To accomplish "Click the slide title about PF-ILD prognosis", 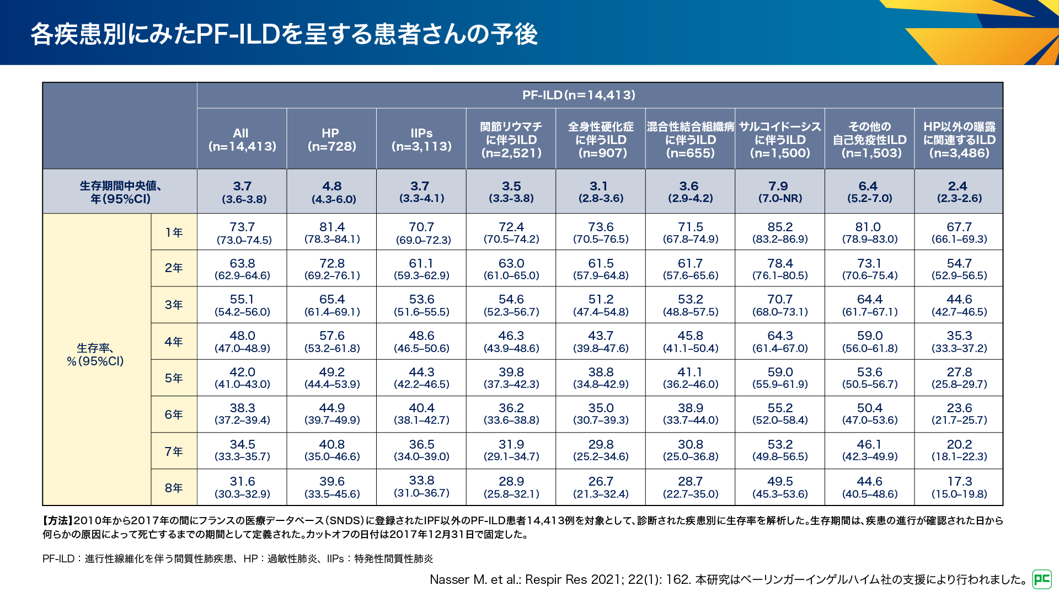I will pyautogui.click(x=284, y=34).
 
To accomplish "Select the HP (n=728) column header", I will pyautogui.click(x=331, y=140).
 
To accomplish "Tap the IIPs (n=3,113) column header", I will pyautogui.click(x=421, y=140).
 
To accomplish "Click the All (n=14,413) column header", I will pyautogui.click(x=242, y=140).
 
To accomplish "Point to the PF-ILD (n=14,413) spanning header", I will pyautogui.click(x=579, y=95).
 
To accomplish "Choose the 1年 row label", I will pyautogui.click(x=174, y=232).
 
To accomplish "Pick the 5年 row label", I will pyautogui.click(x=174, y=378).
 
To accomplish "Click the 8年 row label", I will pyautogui.click(x=174, y=488).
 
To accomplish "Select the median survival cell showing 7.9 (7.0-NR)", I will pyautogui.click(x=780, y=191).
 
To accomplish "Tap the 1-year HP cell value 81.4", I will pyautogui.click(x=332, y=227).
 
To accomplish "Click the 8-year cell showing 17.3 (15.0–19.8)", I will pyautogui.click(x=959, y=487).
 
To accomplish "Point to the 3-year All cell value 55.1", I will pyautogui.click(x=242, y=300).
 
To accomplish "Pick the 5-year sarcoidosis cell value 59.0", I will pyautogui.click(x=780, y=372).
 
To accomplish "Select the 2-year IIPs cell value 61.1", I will pyautogui.click(x=421, y=264).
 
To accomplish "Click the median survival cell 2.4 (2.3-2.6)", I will pyautogui.click(x=959, y=191).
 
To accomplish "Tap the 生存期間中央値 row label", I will pyautogui.click(x=120, y=192).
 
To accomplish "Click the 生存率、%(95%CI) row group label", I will pyautogui.click(x=95, y=355).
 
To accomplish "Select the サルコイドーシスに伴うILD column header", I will pyautogui.click(x=780, y=140).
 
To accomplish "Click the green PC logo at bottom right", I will pyautogui.click(x=1042, y=579).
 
